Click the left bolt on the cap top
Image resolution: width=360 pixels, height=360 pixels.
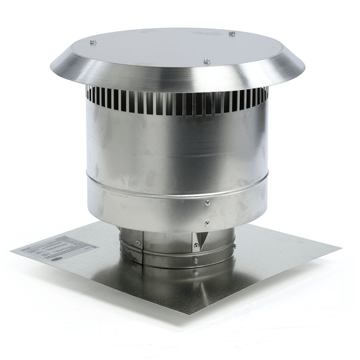[x=93, y=42]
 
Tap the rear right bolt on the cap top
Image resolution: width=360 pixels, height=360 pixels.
[x=232, y=33]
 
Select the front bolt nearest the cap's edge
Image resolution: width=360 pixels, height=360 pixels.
[x=207, y=62]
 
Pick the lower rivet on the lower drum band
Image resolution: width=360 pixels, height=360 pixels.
[x=207, y=223]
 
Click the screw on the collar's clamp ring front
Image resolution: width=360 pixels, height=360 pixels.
[x=195, y=261]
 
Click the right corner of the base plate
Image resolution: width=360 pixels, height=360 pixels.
[x=340, y=246]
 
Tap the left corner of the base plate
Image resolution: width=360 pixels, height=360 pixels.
[x=11, y=250]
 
